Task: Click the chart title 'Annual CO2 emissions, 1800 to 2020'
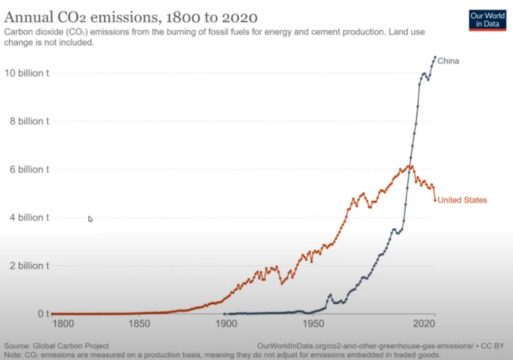[131, 17]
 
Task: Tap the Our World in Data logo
[487, 20]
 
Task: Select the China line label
[448, 61]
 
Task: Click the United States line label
[462, 200]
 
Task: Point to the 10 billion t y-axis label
[27, 73]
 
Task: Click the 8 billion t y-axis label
[29, 122]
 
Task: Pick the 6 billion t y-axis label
[29, 170]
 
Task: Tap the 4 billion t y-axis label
[29, 217]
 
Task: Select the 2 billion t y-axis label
[29, 265]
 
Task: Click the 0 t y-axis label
[44, 314]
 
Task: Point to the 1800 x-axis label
[63, 324]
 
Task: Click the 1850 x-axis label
[139, 324]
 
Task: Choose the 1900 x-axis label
[226, 324]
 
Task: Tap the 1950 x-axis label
[313, 324]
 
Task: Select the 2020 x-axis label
[424, 324]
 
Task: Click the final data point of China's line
[435, 57]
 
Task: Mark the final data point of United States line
[435, 201]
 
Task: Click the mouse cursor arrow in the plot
[90, 219]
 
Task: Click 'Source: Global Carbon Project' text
[56, 346]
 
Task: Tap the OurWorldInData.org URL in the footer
[365, 346]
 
